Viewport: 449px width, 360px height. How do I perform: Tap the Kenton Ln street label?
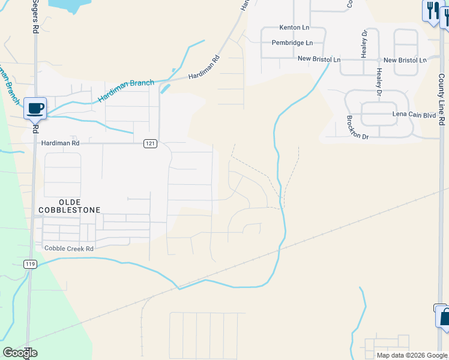tap(294, 28)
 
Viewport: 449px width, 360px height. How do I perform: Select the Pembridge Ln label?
tap(292, 43)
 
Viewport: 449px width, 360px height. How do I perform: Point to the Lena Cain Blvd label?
tap(413, 115)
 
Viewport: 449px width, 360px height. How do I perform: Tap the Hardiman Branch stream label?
tap(127, 91)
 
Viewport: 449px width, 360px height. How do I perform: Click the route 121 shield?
tap(150, 143)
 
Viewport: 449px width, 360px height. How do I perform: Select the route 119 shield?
tap(31, 264)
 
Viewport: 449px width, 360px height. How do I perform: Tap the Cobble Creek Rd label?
tap(65, 248)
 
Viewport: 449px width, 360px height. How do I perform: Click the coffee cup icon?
tap(35, 108)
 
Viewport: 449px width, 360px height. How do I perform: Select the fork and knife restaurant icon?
tap(431, 10)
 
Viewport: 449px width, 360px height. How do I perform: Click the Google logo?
tap(20, 353)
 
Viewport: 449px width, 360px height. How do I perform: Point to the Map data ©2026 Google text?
tap(412, 355)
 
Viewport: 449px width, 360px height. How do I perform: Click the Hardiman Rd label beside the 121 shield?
tap(61, 143)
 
